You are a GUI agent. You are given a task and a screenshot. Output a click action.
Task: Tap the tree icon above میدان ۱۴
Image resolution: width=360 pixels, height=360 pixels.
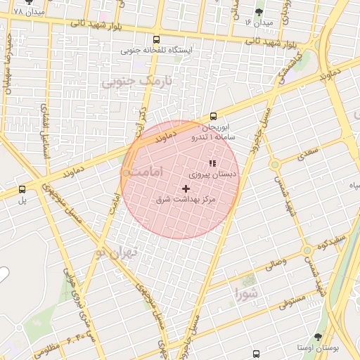tap(259, 12)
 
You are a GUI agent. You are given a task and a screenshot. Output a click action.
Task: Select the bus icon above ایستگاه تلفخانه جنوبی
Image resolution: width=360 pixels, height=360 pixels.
tap(156, 39)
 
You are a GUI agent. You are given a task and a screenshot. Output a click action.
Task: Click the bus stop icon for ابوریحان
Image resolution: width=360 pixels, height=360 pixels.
tap(213, 117)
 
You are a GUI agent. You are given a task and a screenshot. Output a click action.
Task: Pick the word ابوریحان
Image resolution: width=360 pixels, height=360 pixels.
tap(217, 128)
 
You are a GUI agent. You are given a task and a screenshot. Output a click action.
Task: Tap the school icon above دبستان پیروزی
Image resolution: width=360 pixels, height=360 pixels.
tap(212, 163)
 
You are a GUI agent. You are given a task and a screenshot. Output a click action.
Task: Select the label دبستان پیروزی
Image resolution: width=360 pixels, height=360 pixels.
tap(214, 173)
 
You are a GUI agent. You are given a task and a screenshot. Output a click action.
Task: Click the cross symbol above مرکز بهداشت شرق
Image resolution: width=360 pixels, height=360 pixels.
tap(186, 188)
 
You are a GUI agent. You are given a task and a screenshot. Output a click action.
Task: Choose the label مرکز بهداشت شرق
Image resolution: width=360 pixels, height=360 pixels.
tap(185, 200)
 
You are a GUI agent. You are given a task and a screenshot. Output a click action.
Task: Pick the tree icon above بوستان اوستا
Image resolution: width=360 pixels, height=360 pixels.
tap(318, 337)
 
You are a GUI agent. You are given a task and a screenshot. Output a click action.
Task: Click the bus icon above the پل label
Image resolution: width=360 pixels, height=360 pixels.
tap(22, 188)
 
